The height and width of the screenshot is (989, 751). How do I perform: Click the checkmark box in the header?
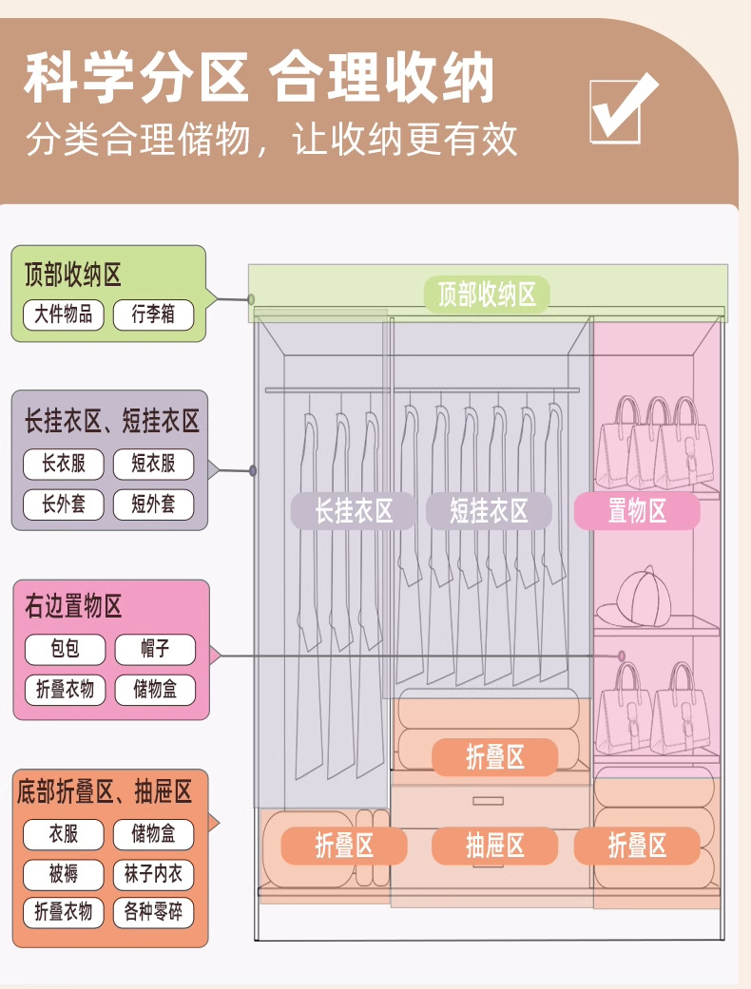[x=622, y=108]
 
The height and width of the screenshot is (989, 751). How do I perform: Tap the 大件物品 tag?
[x=64, y=314]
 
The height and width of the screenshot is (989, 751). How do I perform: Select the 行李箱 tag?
[x=153, y=314]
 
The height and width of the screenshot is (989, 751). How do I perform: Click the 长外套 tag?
[x=64, y=504]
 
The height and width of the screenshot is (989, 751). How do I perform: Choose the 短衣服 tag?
[x=153, y=464]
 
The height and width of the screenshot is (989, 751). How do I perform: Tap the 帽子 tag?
[x=155, y=650]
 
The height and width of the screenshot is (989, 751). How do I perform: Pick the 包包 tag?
[x=65, y=650]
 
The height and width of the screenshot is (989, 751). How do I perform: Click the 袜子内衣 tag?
[x=153, y=873]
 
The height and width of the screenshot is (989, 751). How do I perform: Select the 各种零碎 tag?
[x=153, y=912]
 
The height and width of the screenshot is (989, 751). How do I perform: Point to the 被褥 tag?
[x=64, y=873]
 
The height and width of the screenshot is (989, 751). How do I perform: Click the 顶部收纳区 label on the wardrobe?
[x=487, y=294]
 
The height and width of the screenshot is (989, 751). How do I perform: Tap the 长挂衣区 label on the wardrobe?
[x=354, y=511]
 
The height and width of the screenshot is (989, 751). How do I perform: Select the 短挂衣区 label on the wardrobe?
[x=489, y=511]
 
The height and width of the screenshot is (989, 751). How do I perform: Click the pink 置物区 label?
[x=637, y=511]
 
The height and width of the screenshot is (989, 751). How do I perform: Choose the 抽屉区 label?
[x=495, y=846]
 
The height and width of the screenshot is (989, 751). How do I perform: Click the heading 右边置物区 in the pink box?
[x=74, y=606]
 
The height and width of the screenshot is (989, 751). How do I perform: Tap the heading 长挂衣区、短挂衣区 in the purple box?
[x=112, y=421]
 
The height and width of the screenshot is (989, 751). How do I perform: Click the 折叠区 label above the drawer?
[x=495, y=757]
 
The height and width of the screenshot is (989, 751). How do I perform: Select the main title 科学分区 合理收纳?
[x=260, y=79]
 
